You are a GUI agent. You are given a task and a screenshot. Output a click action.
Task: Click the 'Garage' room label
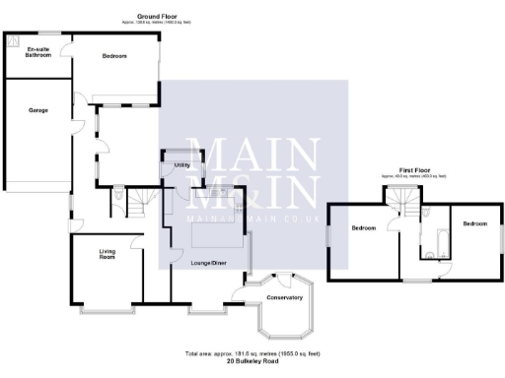click(37, 109)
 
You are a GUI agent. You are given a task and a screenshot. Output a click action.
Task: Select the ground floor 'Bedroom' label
click(114, 56)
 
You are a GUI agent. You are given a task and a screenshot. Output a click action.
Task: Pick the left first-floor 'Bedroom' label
click(364, 227)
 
